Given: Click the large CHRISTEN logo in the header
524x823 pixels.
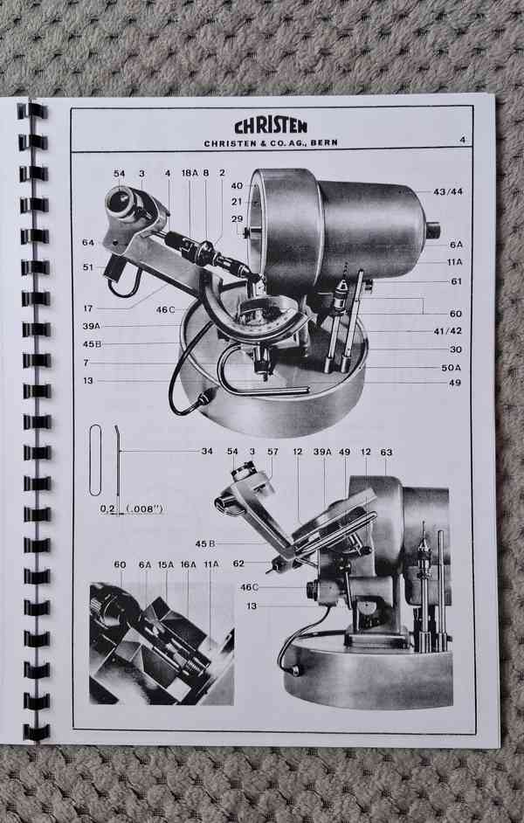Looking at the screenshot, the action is (271, 127).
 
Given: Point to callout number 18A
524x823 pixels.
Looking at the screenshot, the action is (190, 173).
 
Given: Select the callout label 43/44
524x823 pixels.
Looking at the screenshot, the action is (448, 191).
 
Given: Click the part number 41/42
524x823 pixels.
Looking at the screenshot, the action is (447, 330).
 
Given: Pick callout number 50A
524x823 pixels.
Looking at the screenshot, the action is (452, 368).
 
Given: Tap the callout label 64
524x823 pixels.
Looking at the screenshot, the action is (88, 243).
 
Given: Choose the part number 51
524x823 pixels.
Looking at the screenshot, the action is (88, 267).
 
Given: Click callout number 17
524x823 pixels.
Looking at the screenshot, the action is (88, 308).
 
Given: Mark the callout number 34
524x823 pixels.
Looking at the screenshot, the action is (207, 451).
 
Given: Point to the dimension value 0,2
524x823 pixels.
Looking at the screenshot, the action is (107, 509).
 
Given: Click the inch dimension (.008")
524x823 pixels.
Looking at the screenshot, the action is (145, 509).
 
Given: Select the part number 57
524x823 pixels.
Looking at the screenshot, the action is (272, 452).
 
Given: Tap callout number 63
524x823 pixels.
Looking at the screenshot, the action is (386, 452).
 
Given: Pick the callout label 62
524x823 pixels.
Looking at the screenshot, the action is (238, 564).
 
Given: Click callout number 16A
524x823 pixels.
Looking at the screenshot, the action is (188, 564).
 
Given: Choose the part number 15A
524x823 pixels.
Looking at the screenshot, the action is (165, 564).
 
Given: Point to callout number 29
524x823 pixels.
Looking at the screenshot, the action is (237, 219).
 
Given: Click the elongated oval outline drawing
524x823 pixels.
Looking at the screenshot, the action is (95, 460).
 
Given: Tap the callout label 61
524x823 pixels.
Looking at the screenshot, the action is (457, 281).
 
